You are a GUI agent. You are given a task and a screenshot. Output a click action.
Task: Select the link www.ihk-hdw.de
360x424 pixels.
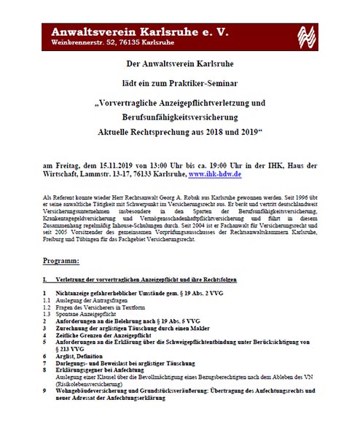(216, 176)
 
